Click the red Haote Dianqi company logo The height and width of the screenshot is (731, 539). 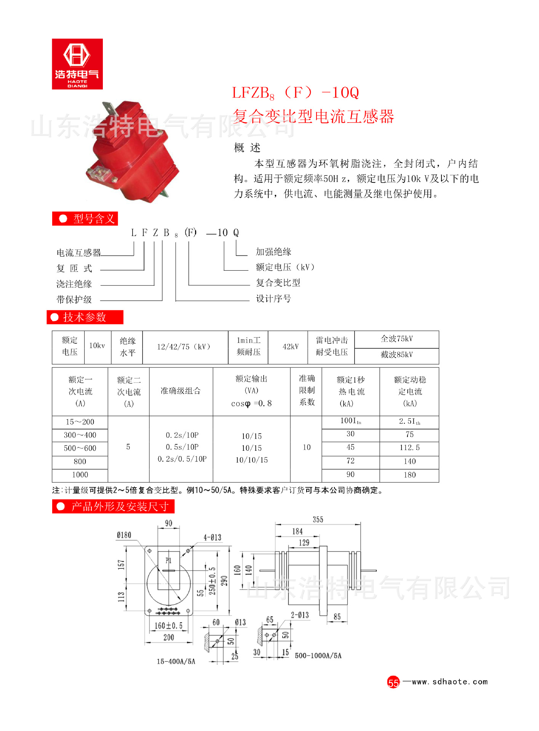[x=77, y=64]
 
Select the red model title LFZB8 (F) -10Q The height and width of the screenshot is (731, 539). [x=296, y=93]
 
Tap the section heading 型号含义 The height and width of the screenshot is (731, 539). [x=85, y=219]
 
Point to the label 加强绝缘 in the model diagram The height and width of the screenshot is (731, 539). [x=273, y=252]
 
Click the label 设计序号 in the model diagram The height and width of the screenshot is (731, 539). [x=273, y=298]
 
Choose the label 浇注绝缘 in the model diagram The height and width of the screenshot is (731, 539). [x=74, y=284]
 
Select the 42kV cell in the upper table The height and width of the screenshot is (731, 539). [x=291, y=346]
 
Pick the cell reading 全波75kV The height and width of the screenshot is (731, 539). [x=397, y=339]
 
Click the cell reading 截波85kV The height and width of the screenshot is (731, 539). [x=397, y=355]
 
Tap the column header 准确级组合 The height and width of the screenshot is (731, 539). [x=181, y=391]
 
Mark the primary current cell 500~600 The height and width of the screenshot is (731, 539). [x=80, y=448]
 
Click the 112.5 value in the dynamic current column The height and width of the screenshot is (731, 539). [x=409, y=448]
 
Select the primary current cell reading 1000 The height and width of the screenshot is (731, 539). [x=80, y=475]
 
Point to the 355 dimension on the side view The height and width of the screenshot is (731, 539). [x=318, y=520]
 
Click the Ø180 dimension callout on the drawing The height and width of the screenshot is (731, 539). [x=124, y=535]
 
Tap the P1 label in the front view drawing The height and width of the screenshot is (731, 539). [x=168, y=560]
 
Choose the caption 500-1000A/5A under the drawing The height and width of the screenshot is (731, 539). [x=318, y=656]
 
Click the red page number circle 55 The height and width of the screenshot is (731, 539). [x=393, y=682]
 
